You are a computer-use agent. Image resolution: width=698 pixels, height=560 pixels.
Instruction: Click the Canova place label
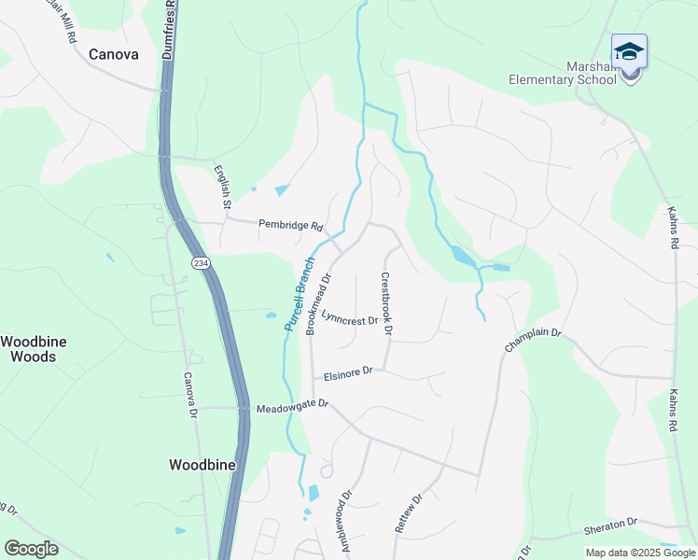tap(113, 54)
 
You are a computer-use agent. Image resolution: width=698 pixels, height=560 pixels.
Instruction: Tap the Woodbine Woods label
tap(34, 349)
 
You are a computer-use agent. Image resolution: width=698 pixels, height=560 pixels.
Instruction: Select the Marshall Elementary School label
tap(563, 73)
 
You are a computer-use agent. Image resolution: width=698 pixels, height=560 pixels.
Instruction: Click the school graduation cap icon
tap(629, 51)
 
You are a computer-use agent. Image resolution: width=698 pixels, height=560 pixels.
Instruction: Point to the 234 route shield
tap(201, 263)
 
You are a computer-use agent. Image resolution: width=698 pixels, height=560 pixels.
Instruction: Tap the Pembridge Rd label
tap(290, 225)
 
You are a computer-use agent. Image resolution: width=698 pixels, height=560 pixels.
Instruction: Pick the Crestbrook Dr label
tap(386, 303)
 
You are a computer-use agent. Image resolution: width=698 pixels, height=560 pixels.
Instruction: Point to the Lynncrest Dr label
tap(349, 319)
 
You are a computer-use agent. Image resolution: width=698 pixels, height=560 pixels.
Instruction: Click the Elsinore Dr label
tap(348, 373)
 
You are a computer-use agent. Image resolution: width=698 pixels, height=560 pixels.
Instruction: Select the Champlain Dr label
tap(533, 339)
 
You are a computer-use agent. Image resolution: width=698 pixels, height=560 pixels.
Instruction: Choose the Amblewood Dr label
tap(347, 521)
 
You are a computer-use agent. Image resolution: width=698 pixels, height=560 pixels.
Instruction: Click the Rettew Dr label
tap(409, 513)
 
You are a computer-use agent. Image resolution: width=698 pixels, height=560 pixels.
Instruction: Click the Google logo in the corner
tap(31, 549)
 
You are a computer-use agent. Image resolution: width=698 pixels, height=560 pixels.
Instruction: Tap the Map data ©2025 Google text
tap(640, 553)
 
